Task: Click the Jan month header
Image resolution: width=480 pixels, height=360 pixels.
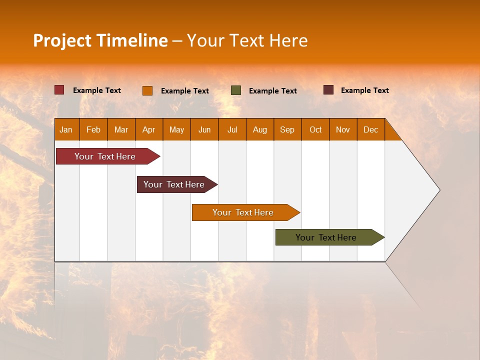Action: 66,129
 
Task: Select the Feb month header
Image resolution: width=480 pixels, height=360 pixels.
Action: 93,129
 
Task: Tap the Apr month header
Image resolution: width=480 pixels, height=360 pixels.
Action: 148,129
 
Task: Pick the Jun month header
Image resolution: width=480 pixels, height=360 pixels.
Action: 204,129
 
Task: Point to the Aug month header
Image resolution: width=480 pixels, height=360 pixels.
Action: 259,129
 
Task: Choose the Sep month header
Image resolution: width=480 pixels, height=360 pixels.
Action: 287,129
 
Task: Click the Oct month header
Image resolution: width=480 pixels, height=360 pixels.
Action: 315,129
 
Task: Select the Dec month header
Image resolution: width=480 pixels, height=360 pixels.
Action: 370,129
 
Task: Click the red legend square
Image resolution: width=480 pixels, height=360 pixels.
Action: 59,90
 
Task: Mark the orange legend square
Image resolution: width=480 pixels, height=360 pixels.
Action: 147,90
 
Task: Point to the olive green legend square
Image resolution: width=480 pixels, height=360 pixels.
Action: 236,90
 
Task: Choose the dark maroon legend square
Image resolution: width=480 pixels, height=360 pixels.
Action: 328,90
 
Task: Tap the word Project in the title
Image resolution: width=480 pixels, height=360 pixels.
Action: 62,40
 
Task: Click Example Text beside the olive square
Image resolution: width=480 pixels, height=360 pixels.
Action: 272,91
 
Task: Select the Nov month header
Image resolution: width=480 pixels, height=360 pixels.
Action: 343,129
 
